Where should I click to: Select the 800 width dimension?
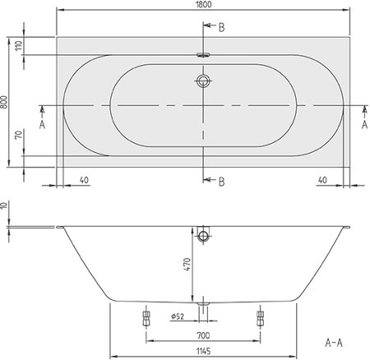pos(7,102)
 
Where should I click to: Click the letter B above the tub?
pos(220,27)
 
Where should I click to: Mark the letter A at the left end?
pos(41,124)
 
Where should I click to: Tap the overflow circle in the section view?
pos(203,237)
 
